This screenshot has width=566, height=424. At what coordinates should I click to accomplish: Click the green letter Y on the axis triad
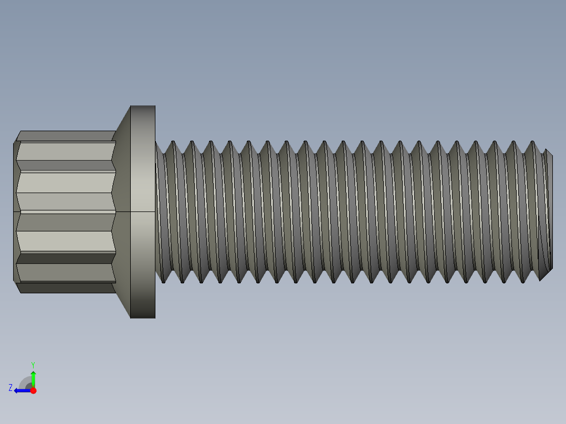pos(33,364)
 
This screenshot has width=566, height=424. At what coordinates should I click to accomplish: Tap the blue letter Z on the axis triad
pos(11,388)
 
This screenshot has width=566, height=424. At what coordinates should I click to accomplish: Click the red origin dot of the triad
pos(33,390)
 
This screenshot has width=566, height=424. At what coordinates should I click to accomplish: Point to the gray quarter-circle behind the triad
pos(25,383)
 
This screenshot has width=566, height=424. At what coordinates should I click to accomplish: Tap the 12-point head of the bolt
pos(66,210)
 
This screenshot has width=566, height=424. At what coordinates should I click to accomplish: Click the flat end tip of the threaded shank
pos(548,210)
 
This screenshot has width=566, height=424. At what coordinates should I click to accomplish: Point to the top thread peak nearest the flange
pos(172,142)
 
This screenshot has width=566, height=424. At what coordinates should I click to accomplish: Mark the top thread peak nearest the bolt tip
pos(532,142)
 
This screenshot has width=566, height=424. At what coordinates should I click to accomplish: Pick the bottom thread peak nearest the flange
pos(163,282)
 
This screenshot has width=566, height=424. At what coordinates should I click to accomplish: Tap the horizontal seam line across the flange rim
pos(143,211)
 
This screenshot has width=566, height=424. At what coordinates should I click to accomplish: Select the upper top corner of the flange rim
pos(143,107)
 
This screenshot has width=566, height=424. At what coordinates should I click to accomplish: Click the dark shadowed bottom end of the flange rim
pos(143,312)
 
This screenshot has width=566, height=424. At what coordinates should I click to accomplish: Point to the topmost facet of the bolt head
pos(66,135)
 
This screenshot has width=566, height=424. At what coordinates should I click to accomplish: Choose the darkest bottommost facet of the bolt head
pos(66,288)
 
